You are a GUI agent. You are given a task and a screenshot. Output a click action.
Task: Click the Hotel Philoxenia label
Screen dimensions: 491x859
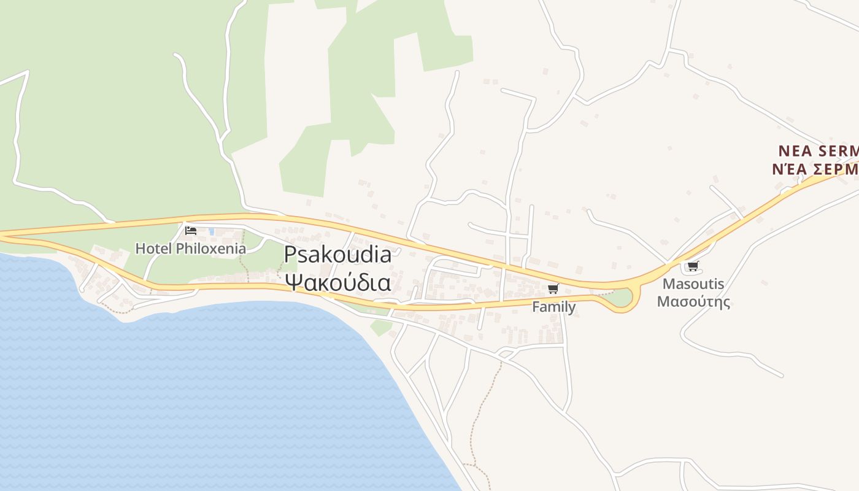tap(190, 249)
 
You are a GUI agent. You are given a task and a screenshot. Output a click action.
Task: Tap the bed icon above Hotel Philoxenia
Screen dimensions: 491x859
tap(191, 231)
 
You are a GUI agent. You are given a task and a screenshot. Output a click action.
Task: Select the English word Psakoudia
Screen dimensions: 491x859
tap(337, 255)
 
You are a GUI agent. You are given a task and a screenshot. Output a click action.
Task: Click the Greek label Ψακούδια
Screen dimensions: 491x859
tap(337, 282)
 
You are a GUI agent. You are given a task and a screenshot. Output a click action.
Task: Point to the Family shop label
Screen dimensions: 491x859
tap(553, 306)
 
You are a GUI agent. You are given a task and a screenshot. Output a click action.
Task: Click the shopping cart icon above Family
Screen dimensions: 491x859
tap(553, 288)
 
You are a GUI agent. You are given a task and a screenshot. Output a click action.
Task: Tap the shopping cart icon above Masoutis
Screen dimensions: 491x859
tap(693, 266)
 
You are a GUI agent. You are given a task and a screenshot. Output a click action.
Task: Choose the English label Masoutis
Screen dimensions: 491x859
tap(693, 284)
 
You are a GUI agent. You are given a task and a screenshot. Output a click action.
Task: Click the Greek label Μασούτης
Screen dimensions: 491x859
tap(693, 301)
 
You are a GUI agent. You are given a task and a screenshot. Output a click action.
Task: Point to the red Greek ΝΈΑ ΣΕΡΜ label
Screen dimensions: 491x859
tap(815, 168)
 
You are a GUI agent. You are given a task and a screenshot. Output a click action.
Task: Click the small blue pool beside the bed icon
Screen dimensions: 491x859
tap(212, 231)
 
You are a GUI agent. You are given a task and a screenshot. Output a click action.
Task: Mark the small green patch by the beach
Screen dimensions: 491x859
tap(380, 328)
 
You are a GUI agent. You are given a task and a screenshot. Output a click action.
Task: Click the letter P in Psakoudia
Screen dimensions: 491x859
tap(290, 255)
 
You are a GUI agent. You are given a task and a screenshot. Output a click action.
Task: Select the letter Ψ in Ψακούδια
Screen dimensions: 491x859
tap(293, 282)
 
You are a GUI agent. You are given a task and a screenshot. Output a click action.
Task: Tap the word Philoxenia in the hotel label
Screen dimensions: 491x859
tap(210, 249)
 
